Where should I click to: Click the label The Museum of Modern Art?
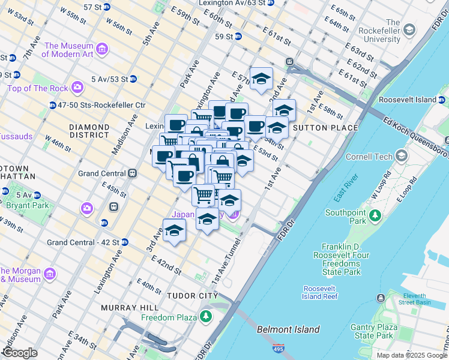coord(68,50)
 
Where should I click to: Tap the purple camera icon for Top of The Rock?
coord(77,89)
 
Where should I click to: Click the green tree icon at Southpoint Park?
coord(375,215)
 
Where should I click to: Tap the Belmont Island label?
coord(288,329)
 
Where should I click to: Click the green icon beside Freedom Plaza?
coord(206,316)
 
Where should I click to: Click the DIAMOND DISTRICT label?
coord(89,133)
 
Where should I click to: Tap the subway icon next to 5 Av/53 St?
coord(133,79)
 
